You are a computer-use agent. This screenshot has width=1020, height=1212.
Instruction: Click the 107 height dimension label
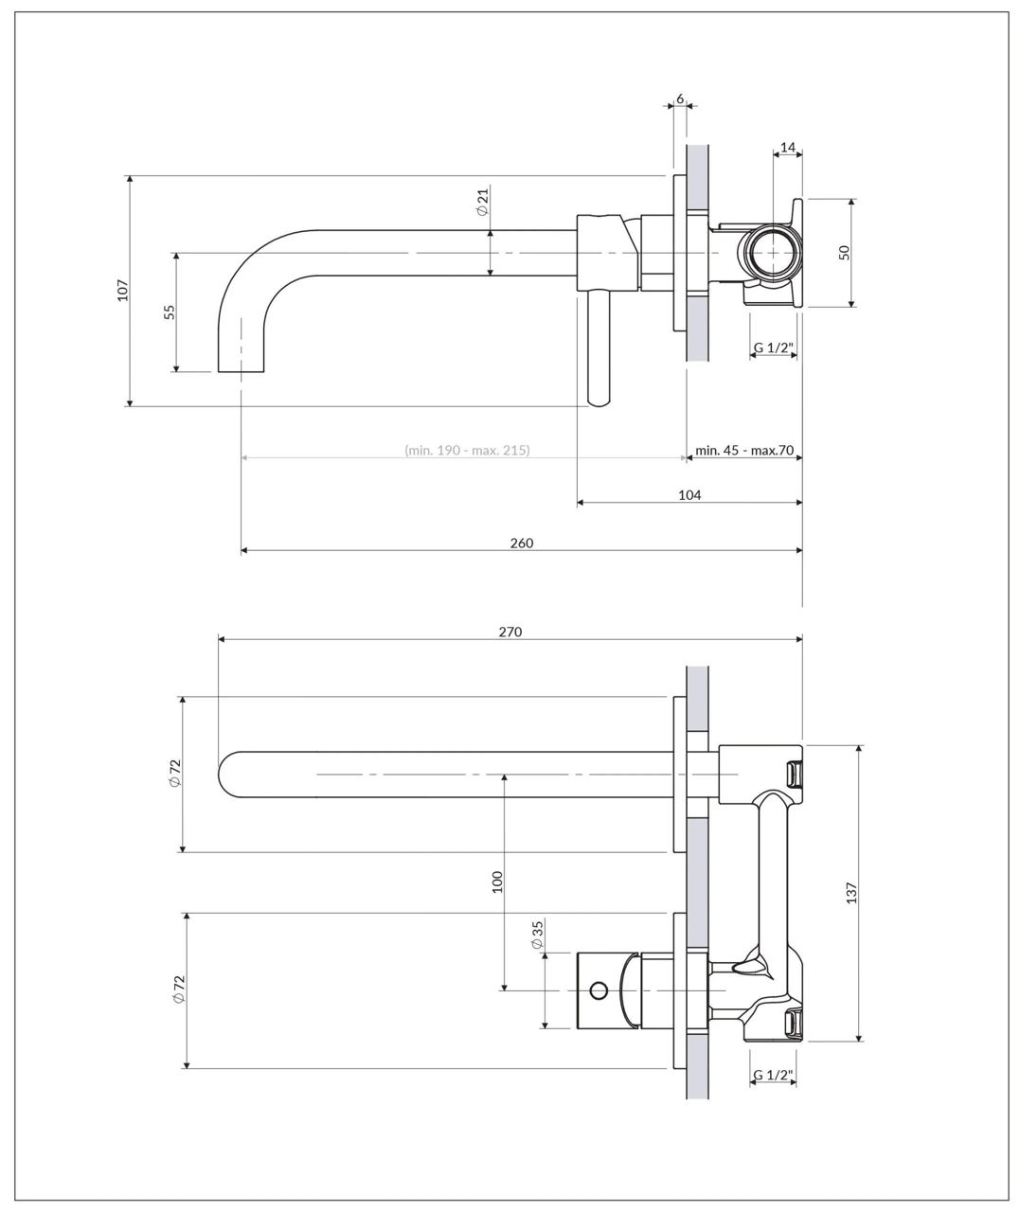(122, 290)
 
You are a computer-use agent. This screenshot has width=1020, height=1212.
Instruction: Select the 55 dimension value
(170, 312)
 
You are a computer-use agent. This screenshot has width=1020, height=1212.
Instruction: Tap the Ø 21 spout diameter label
(483, 202)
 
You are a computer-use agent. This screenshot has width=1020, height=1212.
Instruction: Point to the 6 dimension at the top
(680, 98)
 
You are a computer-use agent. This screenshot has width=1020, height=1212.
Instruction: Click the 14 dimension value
(787, 148)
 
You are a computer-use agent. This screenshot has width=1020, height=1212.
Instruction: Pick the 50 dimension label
(844, 253)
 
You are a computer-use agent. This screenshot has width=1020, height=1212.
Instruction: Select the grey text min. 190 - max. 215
(467, 450)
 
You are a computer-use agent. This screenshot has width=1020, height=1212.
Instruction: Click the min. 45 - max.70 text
(744, 450)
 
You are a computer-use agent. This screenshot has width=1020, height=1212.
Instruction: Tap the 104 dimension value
(689, 494)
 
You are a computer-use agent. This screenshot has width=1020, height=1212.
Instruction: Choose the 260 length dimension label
(521, 543)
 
